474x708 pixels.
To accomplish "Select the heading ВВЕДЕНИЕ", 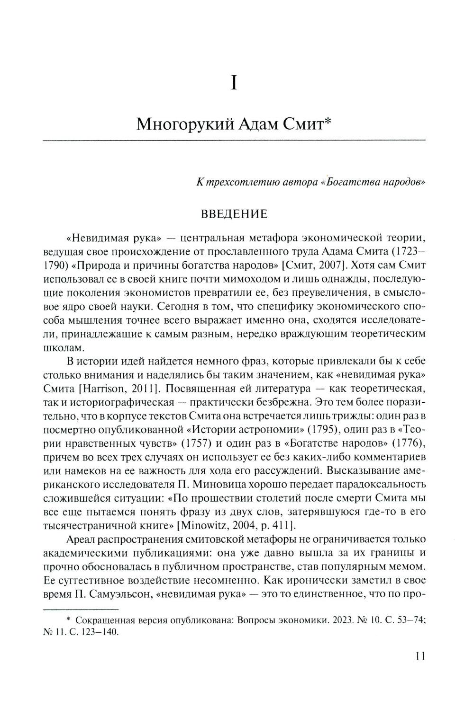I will pyautogui.click(x=234, y=214).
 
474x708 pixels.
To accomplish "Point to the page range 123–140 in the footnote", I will pyautogui.click(x=97, y=633).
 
